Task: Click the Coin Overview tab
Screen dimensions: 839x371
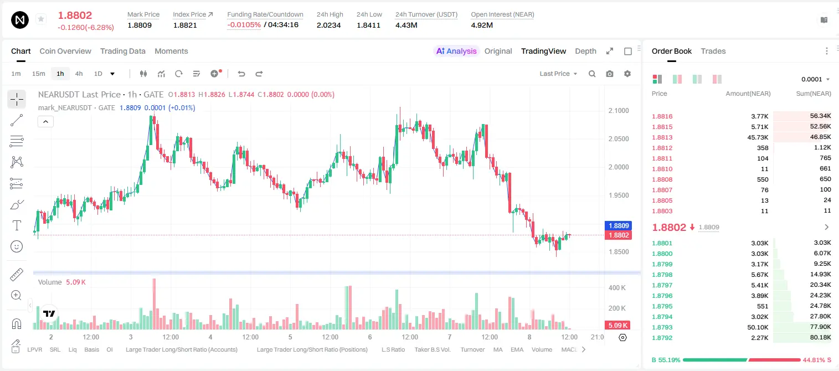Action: pyautogui.click(x=65, y=51)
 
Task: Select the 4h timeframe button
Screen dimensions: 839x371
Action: pyautogui.click(x=79, y=74)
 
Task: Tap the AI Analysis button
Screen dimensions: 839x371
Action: pyautogui.click(x=456, y=51)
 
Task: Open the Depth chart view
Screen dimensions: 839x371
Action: pyautogui.click(x=585, y=51)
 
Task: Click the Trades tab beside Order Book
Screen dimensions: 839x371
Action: pyautogui.click(x=713, y=51)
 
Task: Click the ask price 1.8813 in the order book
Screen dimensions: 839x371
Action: pyautogui.click(x=662, y=137)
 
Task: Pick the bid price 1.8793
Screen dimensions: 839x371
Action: pyautogui.click(x=662, y=327)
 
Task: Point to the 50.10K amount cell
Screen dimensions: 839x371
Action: pyautogui.click(x=758, y=327)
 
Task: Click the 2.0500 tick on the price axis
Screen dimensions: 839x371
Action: pyautogui.click(x=619, y=139)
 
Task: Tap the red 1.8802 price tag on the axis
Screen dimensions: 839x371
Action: pyautogui.click(x=619, y=235)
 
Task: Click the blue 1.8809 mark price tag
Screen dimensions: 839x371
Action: pyautogui.click(x=619, y=226)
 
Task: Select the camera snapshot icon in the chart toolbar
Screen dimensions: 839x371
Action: pyautogui.click(x=610, y=74)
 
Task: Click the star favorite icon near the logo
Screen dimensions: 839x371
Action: pyautogui.click(x=41, y=19)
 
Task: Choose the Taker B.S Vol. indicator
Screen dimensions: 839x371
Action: pyautogui.click(x=433, y=349)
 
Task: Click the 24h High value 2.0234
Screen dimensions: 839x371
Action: pyautogui.click(x=328, y=25)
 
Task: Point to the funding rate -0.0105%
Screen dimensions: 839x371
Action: pyautogui.click(x=244, y=25)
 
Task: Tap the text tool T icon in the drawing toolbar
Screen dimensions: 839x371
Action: pyautogui.click(x=17, y=225)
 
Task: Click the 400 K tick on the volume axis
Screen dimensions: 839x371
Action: pyautogui.click(x=617, y=288)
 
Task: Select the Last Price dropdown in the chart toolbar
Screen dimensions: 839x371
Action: pyautogui.click(x=558, y=74)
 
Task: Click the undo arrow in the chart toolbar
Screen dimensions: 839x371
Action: pyautogui.click(x=241, y=74)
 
